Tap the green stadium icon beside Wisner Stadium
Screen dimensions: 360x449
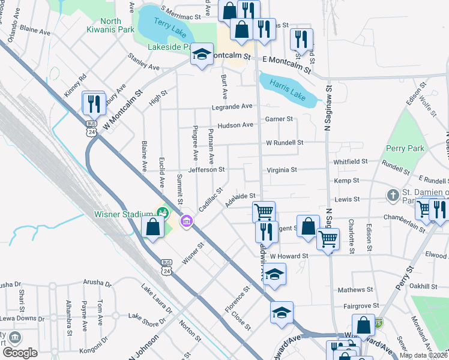click(x=162, y=212)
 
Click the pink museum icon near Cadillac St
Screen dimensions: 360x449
click(x=187, y=223)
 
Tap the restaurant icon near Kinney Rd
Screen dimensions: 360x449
click(x=94, y=103)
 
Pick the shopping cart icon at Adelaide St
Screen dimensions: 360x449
click(x=264, y=212)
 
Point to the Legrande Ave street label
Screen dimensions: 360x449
click(x=232, y=106)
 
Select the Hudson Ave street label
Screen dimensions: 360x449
click(x=235, y=125)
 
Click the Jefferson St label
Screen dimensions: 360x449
click(x=206, y=170)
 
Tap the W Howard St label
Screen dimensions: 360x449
click(x=289, y=256)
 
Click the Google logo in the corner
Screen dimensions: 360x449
click(x=20, y=352)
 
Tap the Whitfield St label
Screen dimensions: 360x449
click(x=351, y=161)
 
